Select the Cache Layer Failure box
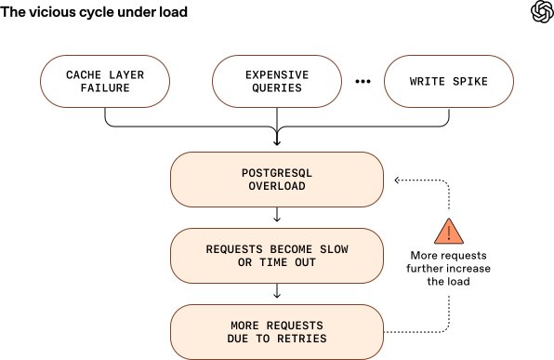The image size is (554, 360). pyautogui.click(x=105, y=81)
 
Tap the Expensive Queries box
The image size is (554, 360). pyautogui.click(x=277, y=81)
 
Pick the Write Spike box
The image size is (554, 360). pyautogui.click(x=449, y=81)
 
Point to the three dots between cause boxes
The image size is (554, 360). pyautogui.click(x=363, y=81)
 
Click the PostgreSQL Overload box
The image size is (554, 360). pyautogui.click(x=277, y=180)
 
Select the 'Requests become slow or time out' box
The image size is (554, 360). pyautogui.click(x=277, y=255)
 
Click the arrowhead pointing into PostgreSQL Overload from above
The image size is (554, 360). pyautogui.click(x=277, y=142)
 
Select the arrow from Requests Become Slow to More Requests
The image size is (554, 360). pyautogui.click(x=277, y=292)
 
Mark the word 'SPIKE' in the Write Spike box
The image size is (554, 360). pyautogui.click(x=470, y=81)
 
